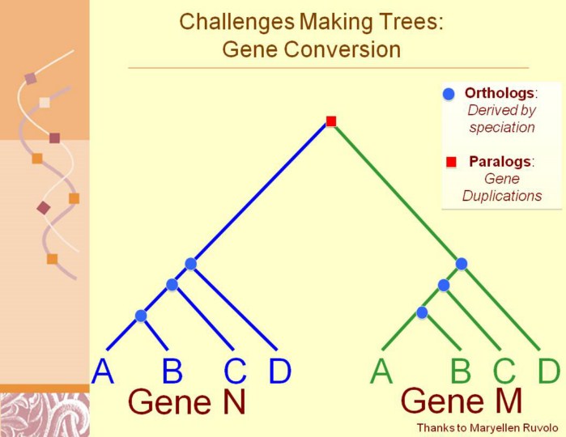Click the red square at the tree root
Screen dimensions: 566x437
click(x=331, y=121)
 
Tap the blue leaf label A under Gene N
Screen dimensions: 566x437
click(x=103, y=371)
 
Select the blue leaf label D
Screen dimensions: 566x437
click(x=280, y=371)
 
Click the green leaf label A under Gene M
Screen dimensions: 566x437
click(x=381, y=371)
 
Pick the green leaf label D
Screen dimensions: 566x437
click(x=549, y=371)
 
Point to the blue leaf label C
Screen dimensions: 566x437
click(x=235, y=371)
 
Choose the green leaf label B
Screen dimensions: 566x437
click(x=461, y=371)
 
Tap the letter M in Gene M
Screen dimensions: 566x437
click(x=508, y=401)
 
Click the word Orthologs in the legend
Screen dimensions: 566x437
click(x=500, y=93)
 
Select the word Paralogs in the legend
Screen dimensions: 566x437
click(x=500, y=161)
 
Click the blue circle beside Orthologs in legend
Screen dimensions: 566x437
click(x=449, y=94)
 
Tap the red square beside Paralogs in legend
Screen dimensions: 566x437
click(x=451, y=162)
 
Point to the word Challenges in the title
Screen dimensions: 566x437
click(x=236, y=22)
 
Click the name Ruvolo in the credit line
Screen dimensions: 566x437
click(x=539, y=428)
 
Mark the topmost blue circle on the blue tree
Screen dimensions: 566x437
click(x=190, y=264)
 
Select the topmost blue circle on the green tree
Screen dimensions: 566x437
click(x=462, y=264)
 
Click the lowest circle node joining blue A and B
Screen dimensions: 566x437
click(x=141, y=316)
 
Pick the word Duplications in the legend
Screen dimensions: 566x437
click(x=502, y=196)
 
